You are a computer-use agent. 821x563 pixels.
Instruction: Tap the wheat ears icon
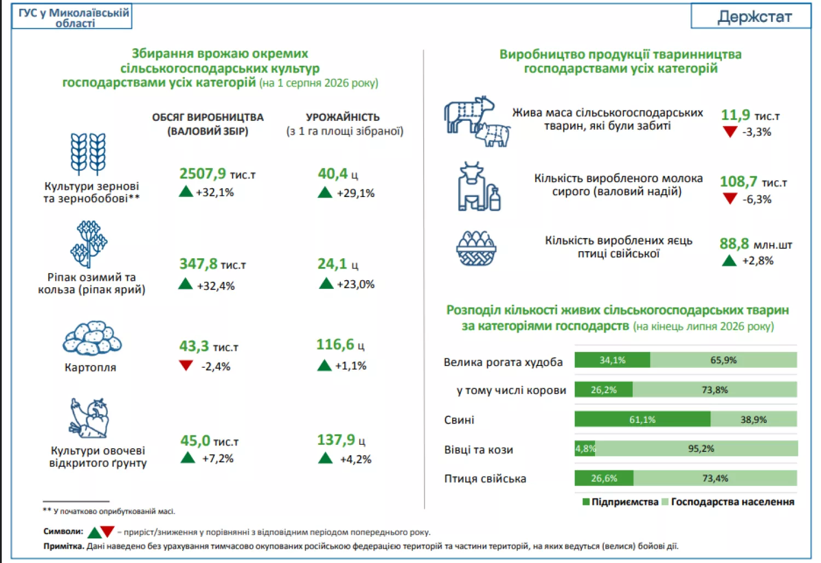[88, 154]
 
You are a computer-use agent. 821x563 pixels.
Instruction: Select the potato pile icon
[92, 338]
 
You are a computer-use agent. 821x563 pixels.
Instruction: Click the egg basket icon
[476, 248]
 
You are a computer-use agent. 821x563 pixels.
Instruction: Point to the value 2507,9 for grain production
[203, 173]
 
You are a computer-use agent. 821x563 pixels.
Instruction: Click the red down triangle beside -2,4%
[186, 365]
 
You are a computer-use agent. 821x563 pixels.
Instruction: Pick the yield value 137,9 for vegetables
[336, 439]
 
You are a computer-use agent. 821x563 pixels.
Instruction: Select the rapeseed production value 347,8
[198, 264]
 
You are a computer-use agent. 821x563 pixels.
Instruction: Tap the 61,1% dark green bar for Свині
[642, 419]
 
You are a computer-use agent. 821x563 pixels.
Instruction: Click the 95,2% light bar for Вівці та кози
[696, 449]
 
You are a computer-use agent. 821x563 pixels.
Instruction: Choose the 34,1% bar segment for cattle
[612, 360]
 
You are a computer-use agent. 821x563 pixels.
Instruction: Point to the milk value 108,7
[738, 182]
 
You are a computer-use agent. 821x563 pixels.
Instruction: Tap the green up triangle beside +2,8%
[729, 261]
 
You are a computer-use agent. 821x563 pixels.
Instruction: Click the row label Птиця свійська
[485, 479]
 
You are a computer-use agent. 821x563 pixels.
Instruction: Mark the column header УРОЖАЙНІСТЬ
[343, 117]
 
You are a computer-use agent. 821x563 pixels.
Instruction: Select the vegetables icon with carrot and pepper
[89, 419]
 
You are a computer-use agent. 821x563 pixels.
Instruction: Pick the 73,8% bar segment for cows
[715, 390]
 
